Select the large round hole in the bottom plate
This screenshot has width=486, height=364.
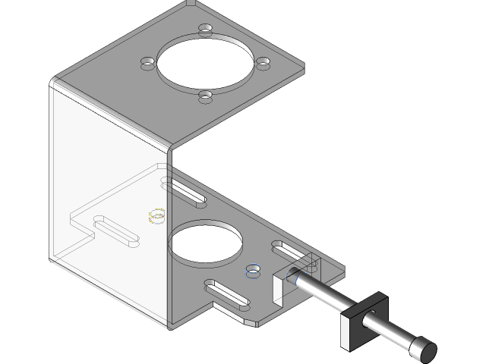pos(205,243)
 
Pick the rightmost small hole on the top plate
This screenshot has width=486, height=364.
pos(263,64)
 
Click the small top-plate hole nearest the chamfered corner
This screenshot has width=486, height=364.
pos(206,28)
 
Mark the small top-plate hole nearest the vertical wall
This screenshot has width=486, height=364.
pos(205,95)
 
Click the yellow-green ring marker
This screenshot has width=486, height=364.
pos(157,217)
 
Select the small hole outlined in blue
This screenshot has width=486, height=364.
pos(251,270)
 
